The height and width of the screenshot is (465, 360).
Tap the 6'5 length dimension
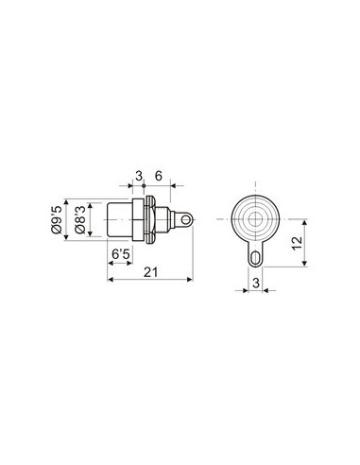121,255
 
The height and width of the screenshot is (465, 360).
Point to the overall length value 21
150,273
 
